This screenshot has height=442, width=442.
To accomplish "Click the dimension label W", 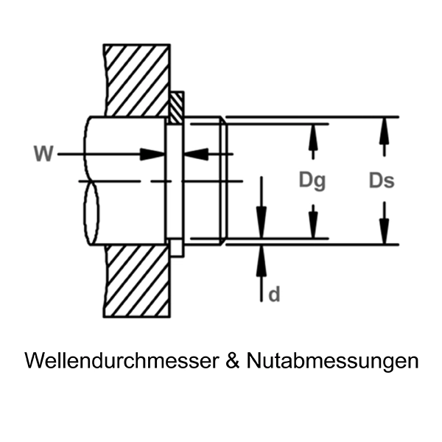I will pyautogui.click(x=43, y=154).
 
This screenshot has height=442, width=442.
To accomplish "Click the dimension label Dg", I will pyautogui.click(x=312, y=181).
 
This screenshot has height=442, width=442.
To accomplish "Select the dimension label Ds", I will pyautogui.click(x=382, y=181).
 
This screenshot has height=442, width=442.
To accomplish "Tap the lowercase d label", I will pyautogui.click(x=274, y=295).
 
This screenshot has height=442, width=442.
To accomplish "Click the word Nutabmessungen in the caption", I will pyautogui.click(x=333, y=361).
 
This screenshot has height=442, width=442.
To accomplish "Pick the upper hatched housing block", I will pyautogui.click(x=137, y=77).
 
